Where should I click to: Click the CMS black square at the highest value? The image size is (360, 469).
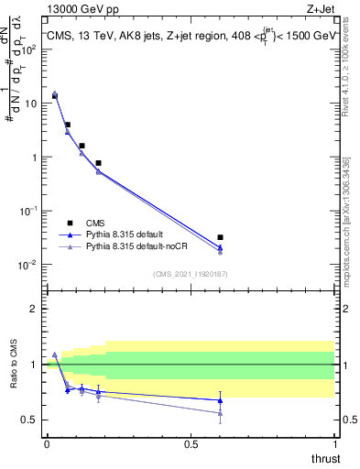coord(55,95)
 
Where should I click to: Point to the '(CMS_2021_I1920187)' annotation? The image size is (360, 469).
coord(190,274)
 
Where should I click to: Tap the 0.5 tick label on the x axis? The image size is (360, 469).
coord(191,444)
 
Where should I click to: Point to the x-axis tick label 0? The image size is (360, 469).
coord(47,444)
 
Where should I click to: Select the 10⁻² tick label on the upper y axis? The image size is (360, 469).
coord(29,265)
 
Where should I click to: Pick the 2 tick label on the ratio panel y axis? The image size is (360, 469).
coord(34,309)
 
